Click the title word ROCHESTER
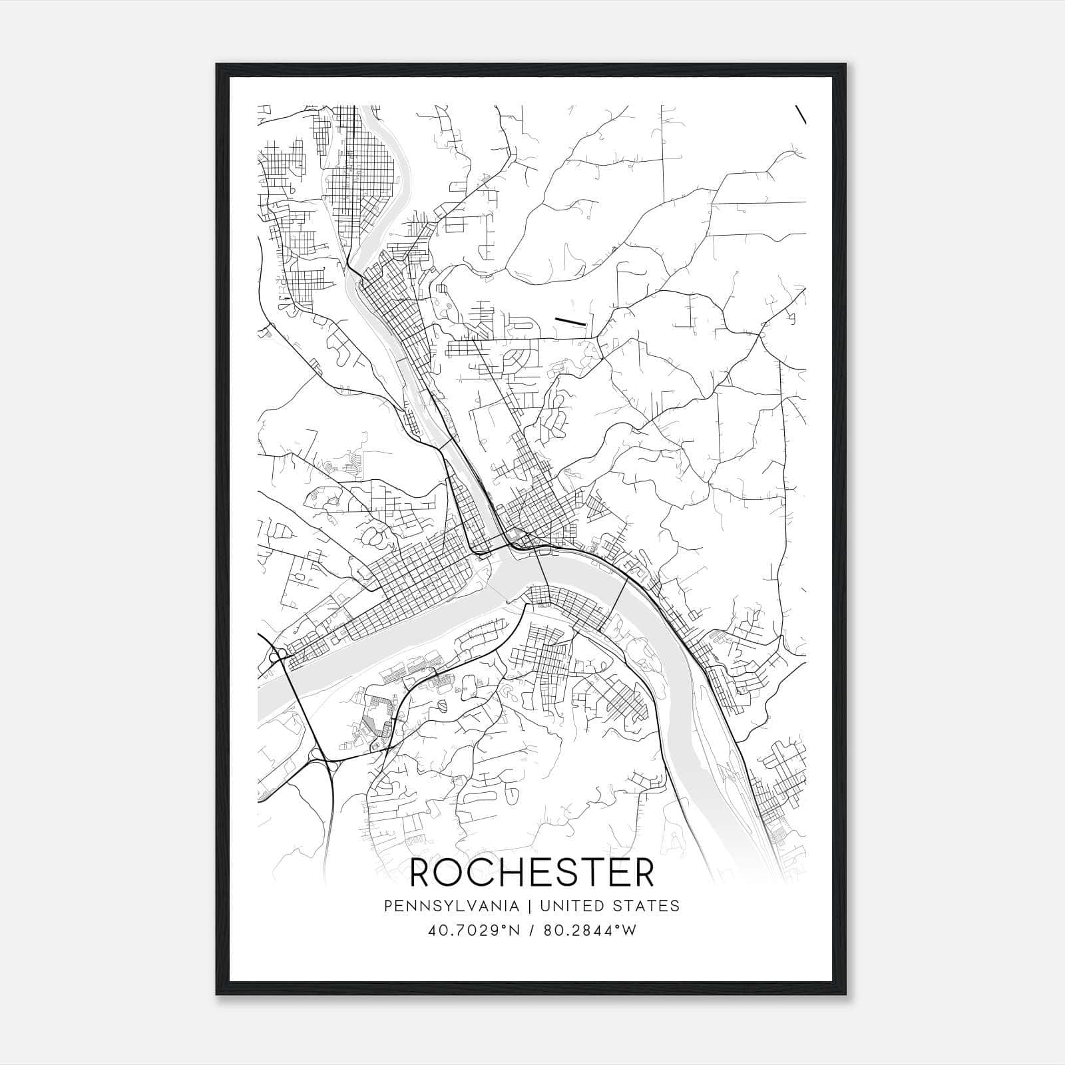click(532, 873)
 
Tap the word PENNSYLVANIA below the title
click(451, 906)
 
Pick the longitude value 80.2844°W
click(590, 931)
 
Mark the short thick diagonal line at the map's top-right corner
click(801, 114)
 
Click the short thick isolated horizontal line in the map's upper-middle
click(570, 321)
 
